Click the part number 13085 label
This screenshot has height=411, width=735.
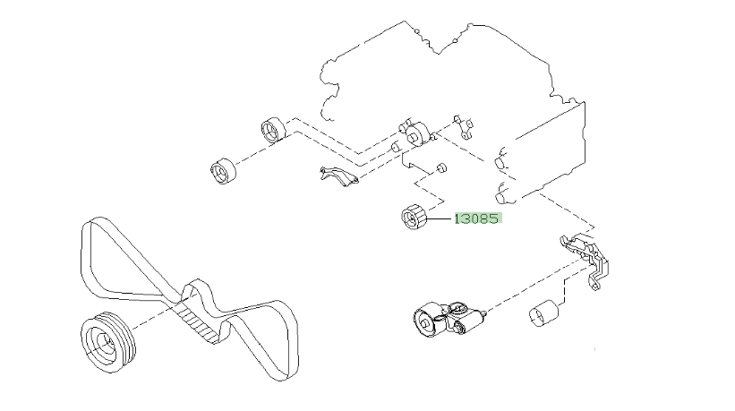pos(477,218)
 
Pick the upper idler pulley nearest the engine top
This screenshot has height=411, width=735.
pos(272,129)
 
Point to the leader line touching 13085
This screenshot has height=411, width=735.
pos(441,218)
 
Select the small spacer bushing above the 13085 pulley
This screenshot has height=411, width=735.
pos(442,167)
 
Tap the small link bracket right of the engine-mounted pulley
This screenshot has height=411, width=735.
pos(464,124)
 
